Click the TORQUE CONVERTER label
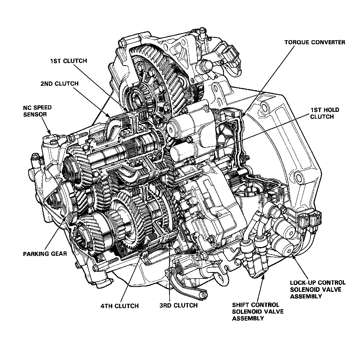click(x=315, y=42)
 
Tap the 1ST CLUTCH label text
click(x=68, y=61)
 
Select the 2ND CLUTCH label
click(x=59, y=84)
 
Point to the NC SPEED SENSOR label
click(x=37, y=111)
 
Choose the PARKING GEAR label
click(x=45, y=254)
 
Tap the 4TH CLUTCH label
click(x=120, y=306)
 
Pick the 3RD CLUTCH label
click(x=178, y=305)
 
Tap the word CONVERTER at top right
click(x=328, y=42)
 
